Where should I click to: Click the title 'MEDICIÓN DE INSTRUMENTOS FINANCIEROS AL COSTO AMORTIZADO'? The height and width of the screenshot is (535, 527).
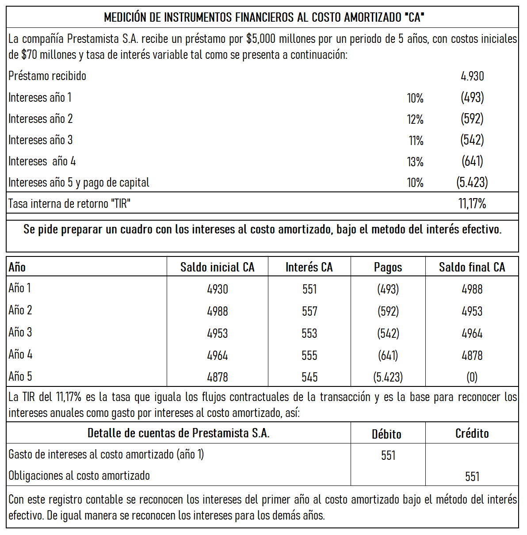[x=263, y=17]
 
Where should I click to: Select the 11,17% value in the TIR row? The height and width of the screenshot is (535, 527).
[x=472, y=203]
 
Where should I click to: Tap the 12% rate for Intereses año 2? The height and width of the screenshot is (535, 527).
[x=415, y=119]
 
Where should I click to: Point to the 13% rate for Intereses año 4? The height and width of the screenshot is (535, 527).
[x=415, y=162]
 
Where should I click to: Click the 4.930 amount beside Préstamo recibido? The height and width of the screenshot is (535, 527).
[x=472, y=76]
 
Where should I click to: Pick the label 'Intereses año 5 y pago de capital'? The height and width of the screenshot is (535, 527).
[x=79, y=182]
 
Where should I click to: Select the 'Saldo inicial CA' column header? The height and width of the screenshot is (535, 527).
[x=217, y=267]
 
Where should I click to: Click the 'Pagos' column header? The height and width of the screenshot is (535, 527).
[x=388, y=267]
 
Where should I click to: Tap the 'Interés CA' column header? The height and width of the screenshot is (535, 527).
[x=309, y=267]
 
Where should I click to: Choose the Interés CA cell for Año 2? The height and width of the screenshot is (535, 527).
[x=309, y=311]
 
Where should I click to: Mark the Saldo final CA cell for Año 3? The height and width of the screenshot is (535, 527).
[x=472, y=333]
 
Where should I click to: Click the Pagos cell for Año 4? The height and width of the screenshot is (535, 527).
[x=388, y=355]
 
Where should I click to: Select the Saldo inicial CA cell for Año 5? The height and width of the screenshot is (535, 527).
[x=217, y=377]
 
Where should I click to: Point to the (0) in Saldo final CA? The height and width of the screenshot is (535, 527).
[x=472, y=377]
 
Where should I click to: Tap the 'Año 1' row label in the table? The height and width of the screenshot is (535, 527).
[x=19, y=288]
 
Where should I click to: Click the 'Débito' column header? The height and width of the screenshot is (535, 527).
[x=386, y=434]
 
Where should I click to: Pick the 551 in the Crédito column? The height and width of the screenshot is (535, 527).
[x=472, y=476]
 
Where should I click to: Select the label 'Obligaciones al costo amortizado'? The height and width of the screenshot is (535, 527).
[x=79, y=476]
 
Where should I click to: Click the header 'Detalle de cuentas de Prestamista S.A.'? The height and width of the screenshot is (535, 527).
[x=178, y=433]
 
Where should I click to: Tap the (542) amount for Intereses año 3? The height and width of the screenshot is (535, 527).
[x=472, y=140]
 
